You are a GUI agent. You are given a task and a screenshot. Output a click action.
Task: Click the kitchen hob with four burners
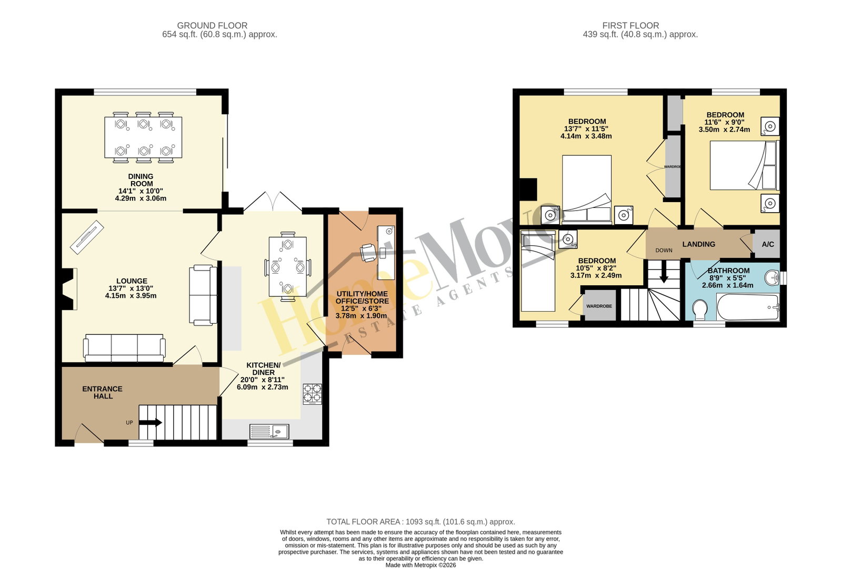pos(313,394)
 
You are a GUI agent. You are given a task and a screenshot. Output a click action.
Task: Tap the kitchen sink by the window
pos(269,432)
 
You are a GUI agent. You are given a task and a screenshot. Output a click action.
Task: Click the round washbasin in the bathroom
pos(771,278)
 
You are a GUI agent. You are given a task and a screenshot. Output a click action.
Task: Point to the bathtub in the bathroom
pos(748,307)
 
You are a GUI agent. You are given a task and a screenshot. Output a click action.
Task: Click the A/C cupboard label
pos(768,244)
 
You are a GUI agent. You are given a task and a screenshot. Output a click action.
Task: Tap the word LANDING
pos(699,244)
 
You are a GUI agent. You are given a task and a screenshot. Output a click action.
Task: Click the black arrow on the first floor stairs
pos(664,272)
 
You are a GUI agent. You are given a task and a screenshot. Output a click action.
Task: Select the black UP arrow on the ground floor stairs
pos(151,423)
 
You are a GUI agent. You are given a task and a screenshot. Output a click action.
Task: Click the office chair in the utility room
pos(368,252)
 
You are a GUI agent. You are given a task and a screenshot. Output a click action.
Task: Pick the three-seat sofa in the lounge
pos(124,348)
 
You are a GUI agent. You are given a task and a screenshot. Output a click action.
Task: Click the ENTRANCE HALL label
pos(102,392)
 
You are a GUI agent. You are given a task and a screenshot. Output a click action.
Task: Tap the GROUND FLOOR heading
pos(212,26)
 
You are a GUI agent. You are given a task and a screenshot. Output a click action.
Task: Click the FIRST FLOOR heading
pos(631,26)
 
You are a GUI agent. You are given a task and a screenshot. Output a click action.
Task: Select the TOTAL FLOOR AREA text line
pos(420,522)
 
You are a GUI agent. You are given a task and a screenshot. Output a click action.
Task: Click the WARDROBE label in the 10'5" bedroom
pos(599,306)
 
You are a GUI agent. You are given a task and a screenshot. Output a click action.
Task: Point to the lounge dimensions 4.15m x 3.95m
pos(131,296)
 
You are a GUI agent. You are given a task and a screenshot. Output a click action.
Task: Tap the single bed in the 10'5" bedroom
pos(538,271)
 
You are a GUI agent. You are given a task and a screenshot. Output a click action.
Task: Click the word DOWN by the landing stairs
pos(664,251)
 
